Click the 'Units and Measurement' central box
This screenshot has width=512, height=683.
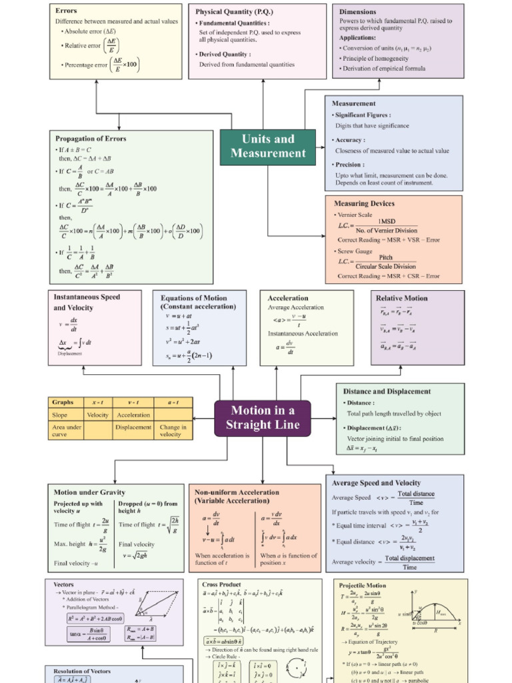pos(268,146)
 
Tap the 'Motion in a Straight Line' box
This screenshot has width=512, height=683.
pos(262,418)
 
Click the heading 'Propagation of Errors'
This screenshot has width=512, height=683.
pos(91,139)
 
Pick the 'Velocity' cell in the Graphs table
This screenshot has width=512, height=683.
pos(98,415)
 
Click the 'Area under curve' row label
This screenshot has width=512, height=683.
pos(66,430)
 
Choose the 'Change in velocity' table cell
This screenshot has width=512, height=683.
pos(173,430)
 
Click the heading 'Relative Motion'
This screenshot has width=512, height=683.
pos(401,298)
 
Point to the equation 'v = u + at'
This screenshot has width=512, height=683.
pos(179,315)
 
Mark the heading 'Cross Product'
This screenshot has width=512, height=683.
pos(222,584)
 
